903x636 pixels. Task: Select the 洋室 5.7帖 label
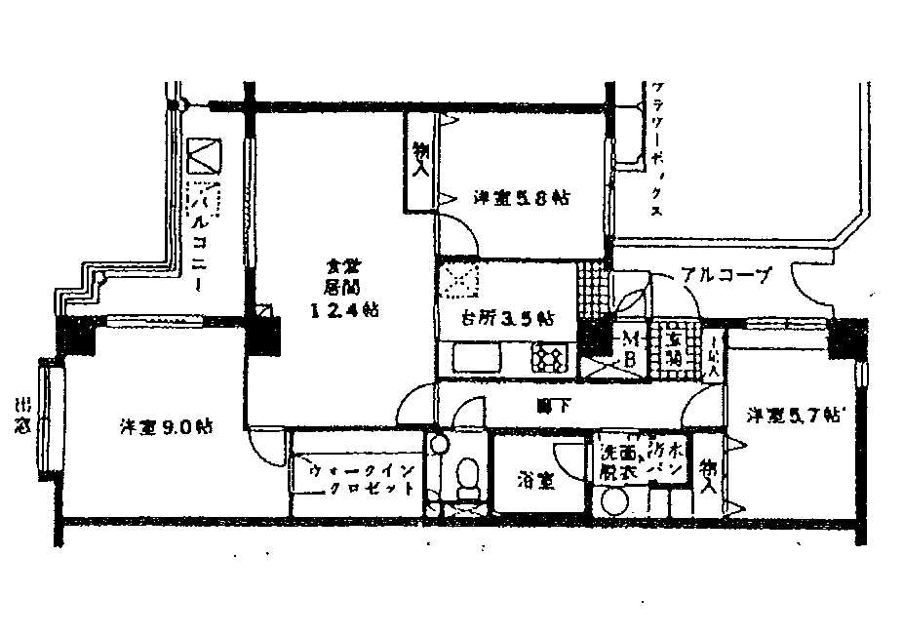tap(795, 416)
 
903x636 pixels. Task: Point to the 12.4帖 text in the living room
tap(345, 310)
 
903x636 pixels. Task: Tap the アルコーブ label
tap(726, 275)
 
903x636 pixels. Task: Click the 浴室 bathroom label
tap(537, 480)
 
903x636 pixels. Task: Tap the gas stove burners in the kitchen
tap(549, 358)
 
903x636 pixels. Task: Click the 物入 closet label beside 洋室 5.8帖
tap(420, 161)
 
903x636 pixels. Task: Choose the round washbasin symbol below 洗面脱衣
tap(615, 504)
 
